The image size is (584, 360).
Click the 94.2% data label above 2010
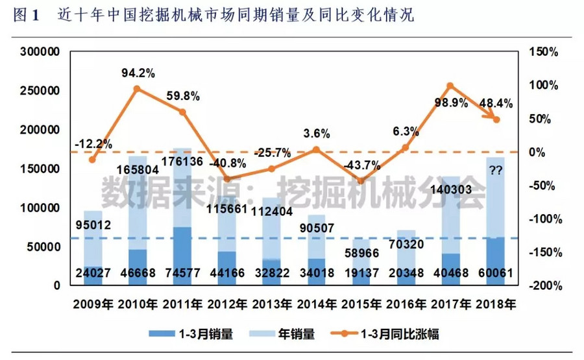click(138, 73)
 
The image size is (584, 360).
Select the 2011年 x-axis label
click(182, 304)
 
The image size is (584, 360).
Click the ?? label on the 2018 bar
click(497, 171)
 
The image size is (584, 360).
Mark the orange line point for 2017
click(450, 86)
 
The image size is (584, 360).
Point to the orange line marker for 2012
click(227, 179)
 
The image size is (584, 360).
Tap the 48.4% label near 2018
click(495, 102)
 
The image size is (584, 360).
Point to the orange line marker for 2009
click(92, 160)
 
